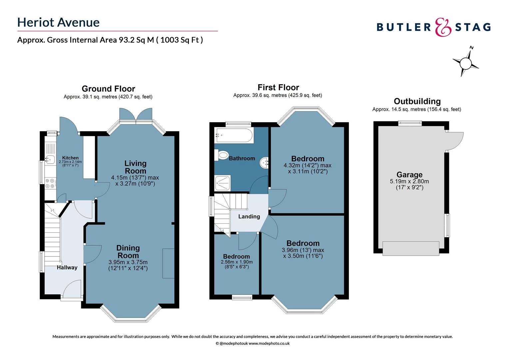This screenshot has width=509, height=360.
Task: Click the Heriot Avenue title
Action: coord(58,22)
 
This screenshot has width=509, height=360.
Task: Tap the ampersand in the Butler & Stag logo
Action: coord(443,27)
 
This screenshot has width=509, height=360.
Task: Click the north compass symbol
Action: coord(465,62)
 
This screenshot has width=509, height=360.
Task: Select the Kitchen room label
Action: coord(70,158)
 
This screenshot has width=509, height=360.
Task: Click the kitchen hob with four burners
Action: coord(50,183)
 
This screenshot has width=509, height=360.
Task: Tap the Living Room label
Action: coord(135,167)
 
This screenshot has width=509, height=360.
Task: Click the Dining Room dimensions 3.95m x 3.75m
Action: coord(128,262)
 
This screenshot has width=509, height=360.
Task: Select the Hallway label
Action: coord(67,267)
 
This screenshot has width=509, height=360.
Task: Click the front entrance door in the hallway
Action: coord(72,289)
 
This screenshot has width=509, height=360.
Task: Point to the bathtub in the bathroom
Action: coord(234,135)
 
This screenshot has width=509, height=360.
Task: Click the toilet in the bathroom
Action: coord(223,155)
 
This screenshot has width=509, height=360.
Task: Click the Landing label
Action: coord(249,216)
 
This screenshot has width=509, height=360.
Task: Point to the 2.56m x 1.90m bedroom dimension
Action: coord(237,262)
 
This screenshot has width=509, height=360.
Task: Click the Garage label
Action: coord(409,175)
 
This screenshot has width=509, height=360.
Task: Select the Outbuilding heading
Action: coord(417,101)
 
